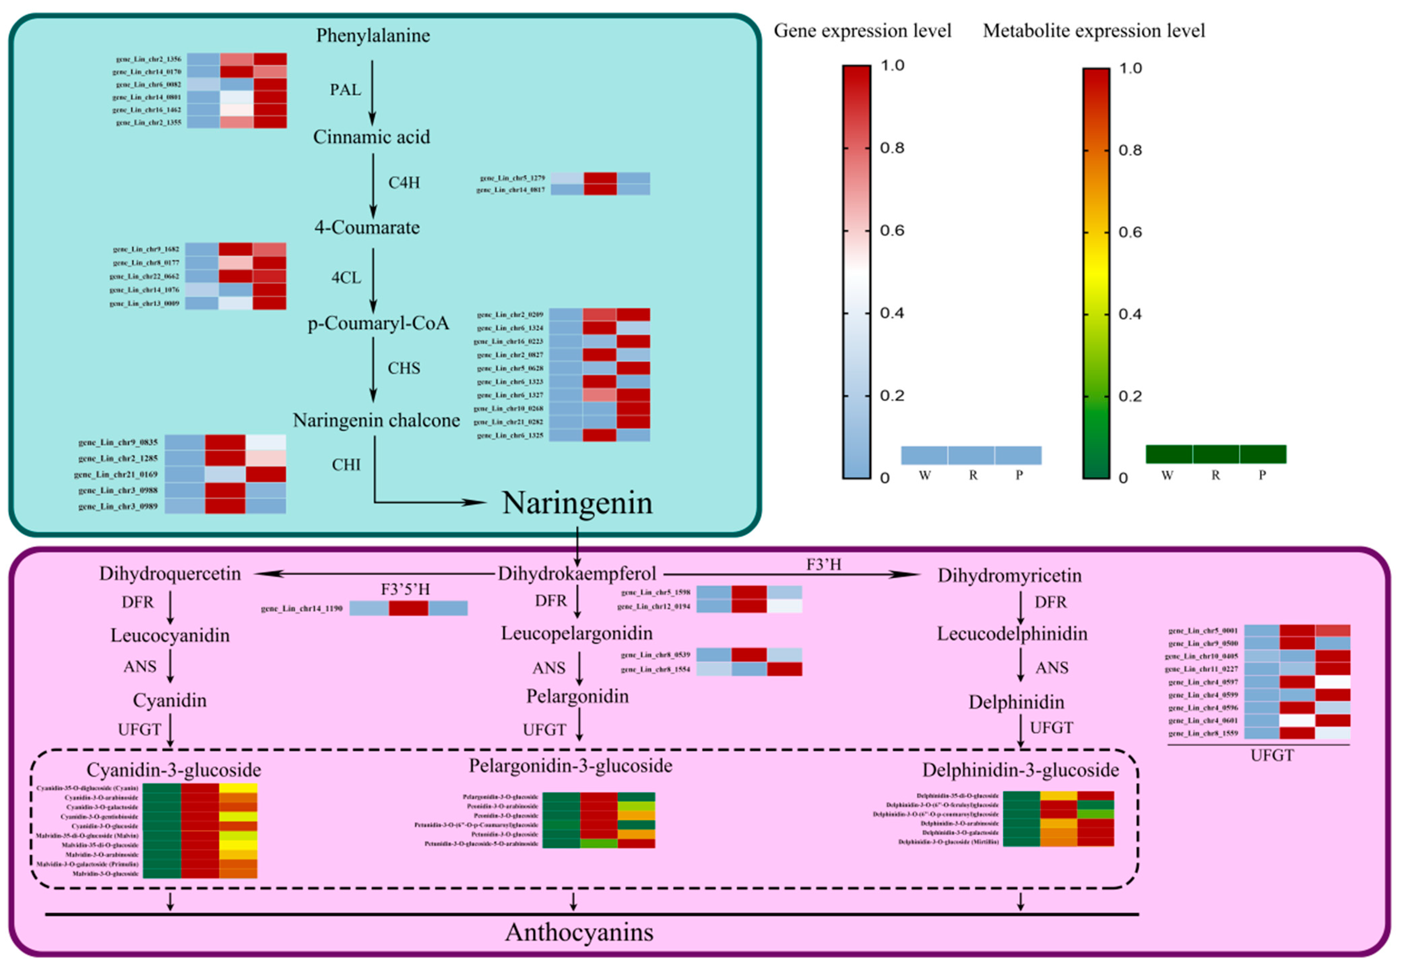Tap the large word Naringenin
coord(577,503)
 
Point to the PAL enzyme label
coord(345,90)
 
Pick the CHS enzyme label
coord(404,368)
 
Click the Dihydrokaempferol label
coord(577,574)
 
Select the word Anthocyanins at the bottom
coord(579,932)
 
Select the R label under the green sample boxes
coord(1215,475)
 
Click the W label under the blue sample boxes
coord(924,475)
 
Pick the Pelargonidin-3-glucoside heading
coord(570,766)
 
